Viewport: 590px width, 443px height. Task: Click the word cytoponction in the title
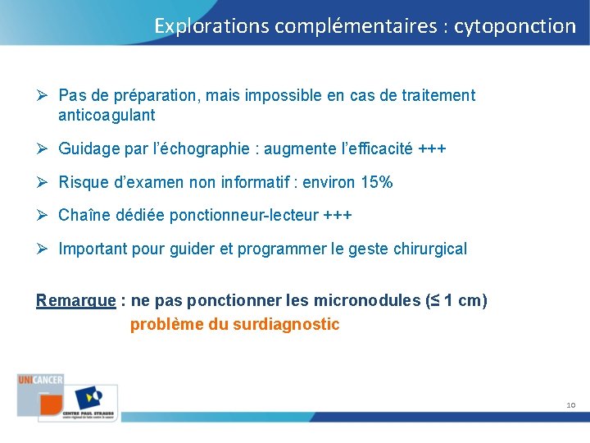[x=515, y=26]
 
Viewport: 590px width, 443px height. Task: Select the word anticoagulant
[x=107, y=116]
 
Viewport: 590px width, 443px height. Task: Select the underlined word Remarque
[x=75, y=300]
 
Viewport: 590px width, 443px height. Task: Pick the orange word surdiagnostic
[x=286, y=324]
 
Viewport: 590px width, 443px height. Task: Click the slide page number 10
[x=570, y=405]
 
